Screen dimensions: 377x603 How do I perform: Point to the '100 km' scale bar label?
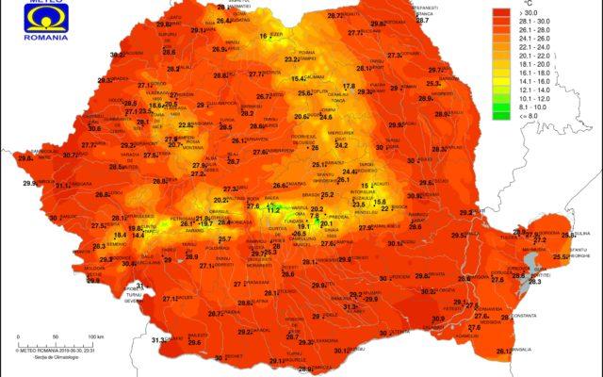click(x=94, y=336)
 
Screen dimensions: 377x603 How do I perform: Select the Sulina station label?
click(x=580, y=234)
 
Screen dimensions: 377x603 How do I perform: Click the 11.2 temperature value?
click(x=274, y=209)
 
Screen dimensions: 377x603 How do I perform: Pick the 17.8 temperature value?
click(x=349, y=87)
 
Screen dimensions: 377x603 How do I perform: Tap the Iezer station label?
click(x=277, y=34)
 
